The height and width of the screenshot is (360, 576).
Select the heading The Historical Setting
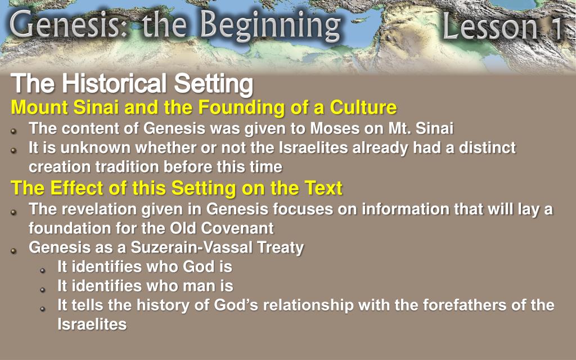coord(132,84)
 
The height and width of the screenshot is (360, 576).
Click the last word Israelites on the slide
coord(92,324)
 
